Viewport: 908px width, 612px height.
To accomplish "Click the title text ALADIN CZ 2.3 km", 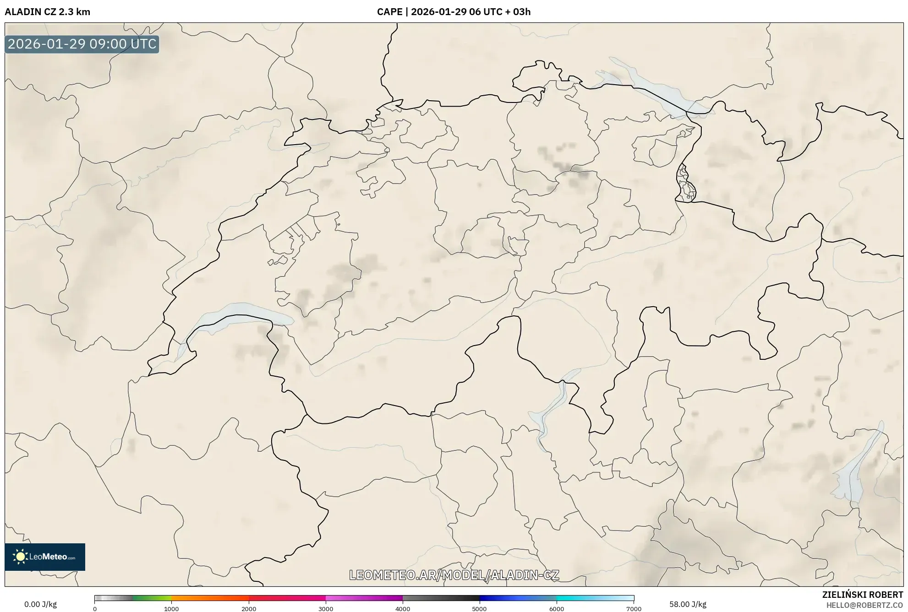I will pos(48,12).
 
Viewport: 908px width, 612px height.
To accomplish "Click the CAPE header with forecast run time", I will pos(454,12).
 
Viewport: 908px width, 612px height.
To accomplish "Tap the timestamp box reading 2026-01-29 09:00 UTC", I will pos(82,44).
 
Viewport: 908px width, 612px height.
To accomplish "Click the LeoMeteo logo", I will pos(45,557).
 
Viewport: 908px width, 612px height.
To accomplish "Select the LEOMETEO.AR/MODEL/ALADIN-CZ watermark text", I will pos(454,575).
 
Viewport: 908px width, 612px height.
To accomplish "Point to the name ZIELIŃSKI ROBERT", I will pos(863,595).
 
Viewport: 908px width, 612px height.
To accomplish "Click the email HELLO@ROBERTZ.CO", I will pos(864,605).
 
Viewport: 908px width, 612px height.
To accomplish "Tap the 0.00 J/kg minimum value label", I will pos(40,604).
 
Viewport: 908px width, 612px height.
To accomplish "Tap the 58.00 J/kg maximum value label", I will pos(688,604).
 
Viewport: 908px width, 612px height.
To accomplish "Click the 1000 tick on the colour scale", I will pos(171,608).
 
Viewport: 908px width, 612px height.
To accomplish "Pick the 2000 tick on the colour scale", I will pos(249,608).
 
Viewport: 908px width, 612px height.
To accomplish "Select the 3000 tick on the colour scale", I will pos(326,608).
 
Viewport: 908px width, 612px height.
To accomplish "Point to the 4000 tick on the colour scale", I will pos(403,608).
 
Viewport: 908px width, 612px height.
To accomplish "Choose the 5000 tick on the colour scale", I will pos(480,608).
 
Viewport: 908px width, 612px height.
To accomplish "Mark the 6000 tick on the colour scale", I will pos(557,608).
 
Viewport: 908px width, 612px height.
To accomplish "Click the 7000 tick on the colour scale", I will pos(634,608).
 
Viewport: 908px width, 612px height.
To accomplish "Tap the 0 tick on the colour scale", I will pos(95,608).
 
